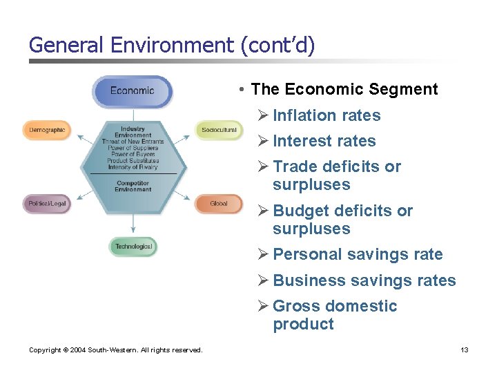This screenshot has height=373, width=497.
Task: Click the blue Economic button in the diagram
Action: pyautogui.click(x=133, y=91)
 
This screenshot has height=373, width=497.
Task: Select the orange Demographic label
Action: pyautogui.click(x=47, y=130)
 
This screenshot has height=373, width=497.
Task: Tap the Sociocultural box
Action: pyautogui.click(x=219, y=130)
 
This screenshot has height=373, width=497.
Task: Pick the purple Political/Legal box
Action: pyautogui.click(x=47, y=204)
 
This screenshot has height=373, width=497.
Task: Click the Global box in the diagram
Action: pyautogui.click(x=219, y=204)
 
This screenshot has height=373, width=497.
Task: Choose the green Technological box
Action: pyautogui.click(x=134, y=247)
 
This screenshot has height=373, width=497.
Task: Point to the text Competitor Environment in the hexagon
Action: pyautogui.click(x=134, y=186)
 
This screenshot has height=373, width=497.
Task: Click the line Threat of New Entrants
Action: pyautogui.click(x=133, y=142)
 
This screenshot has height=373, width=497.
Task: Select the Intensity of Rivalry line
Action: pyautogui.click(x=133, y=166)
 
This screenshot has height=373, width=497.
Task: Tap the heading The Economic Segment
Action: pyautogui.click(x=344, y=89)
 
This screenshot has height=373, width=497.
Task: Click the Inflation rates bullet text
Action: pyautogui.click(x=327, y=115)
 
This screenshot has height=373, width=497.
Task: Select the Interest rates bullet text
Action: pyautogui.click(x=324, y=141)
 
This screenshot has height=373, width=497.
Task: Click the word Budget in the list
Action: pyautogui.click(x=297, y=211)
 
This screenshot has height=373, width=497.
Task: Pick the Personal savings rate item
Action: pyautogui.click(x=358, y=254)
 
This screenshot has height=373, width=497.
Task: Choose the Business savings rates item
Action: pyautogui.click(x=364, y=280)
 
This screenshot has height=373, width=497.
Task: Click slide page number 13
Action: pyautogui.click(x=465, y=350)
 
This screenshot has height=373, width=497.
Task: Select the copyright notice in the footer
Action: pyautogui.click(x=116, y=350)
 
